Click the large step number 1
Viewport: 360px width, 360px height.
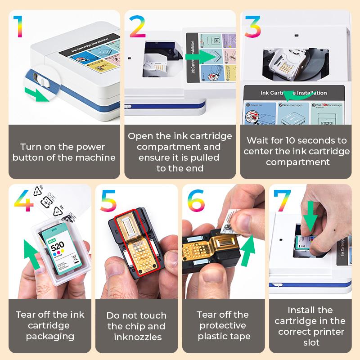pyautogui.click(x=18, y=27)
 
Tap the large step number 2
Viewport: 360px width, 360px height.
pyautogui.click(x=137, y=27)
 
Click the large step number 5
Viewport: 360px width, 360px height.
pyautogui.click(x=108, y=201)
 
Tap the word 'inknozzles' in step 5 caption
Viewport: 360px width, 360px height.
pyautogui.click(x=137, y=337)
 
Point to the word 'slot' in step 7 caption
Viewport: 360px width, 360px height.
pyautogui.click(x=310, y=342)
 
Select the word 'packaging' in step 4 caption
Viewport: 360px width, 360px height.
pyautogui.click(x=49, y=336)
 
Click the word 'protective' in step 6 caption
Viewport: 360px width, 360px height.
pyautogui.click(x=223, y=325)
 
